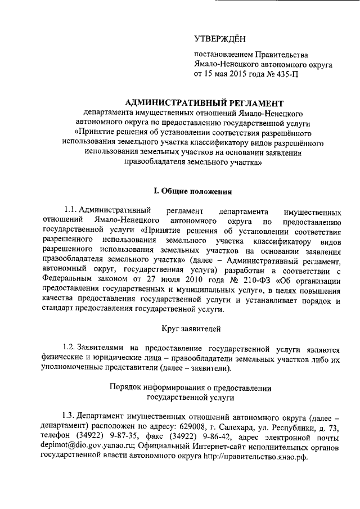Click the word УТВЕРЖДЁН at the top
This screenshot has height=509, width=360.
point(220,39)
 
